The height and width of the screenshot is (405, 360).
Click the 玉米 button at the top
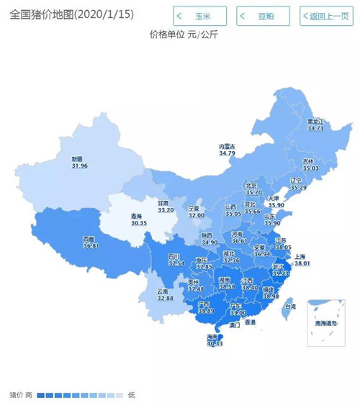click(199, 16)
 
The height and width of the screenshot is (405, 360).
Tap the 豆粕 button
click(264, 16)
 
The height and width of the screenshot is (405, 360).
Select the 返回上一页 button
click(325, 16)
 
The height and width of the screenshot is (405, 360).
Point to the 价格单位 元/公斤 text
click(184, 34)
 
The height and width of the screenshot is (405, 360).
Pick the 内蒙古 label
click(228, 146)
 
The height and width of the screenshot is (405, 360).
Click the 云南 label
click(164, 291)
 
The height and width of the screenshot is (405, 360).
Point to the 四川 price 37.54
click(176, 263)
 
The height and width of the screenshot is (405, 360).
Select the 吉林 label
click(308, 161)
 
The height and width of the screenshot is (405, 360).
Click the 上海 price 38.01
click(301, 264)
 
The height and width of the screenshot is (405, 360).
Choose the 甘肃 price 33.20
click(167, 209)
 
